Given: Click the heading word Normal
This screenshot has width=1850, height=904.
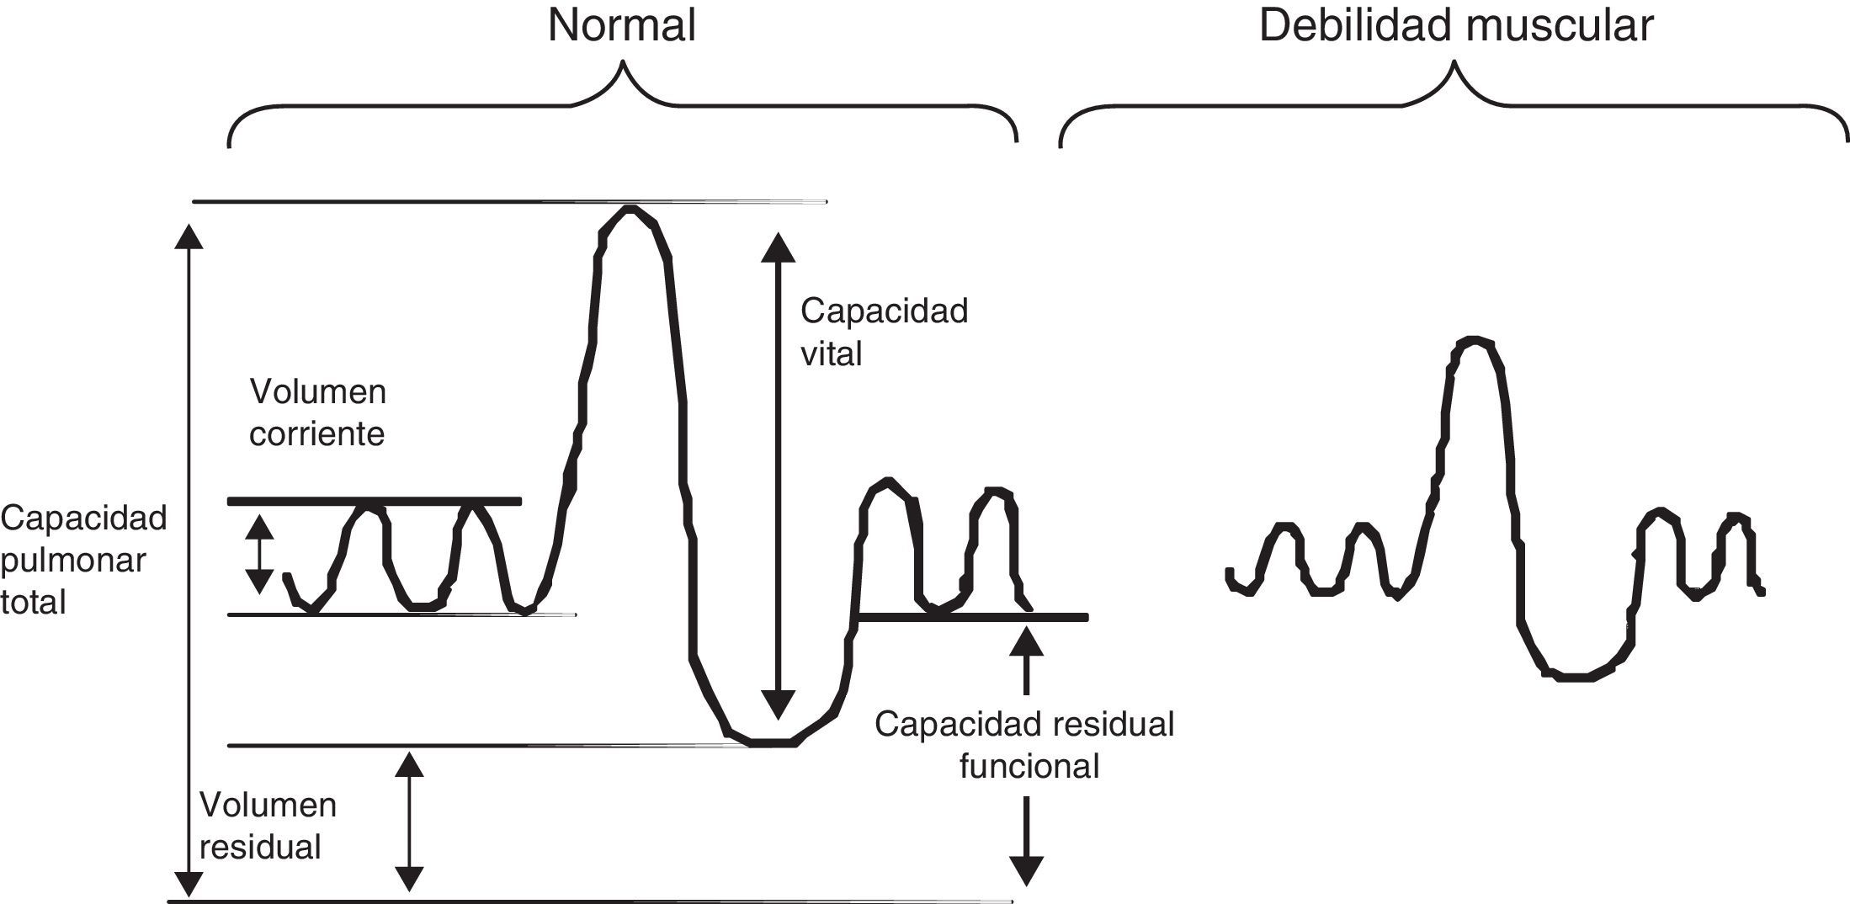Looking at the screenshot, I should click(622, 25).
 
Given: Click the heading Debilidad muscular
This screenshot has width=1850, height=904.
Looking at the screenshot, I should click(1455, 25).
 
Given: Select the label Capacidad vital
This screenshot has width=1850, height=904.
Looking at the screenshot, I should click(884, 332).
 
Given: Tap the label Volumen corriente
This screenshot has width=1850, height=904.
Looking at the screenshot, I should click(317, 413).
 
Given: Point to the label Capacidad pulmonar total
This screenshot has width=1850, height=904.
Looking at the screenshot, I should click(83, 561).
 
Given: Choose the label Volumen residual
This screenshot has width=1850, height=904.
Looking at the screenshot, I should click(268, 826).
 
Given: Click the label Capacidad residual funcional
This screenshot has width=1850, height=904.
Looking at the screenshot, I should click(1024, 745).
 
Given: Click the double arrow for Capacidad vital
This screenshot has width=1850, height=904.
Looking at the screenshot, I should click(777, 476).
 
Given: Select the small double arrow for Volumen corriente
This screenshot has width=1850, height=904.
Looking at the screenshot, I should click(259, 555).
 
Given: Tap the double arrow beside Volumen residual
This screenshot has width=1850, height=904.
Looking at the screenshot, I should click(409, 821).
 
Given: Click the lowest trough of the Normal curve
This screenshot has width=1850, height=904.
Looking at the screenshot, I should click(770, 742).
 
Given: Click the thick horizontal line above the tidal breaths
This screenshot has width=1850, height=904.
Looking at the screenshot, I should click(375, 502).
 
